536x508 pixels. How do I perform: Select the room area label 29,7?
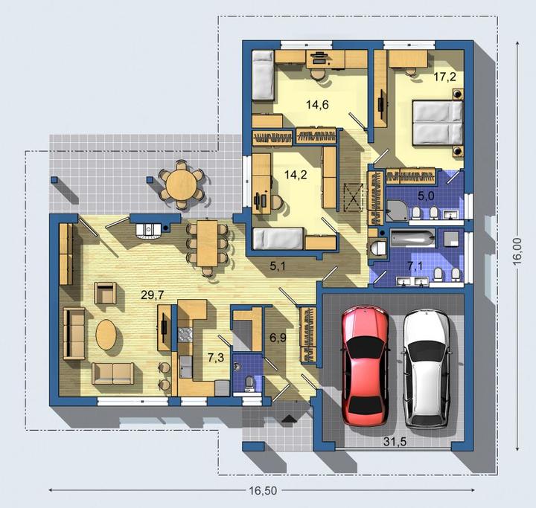tap(152, 295)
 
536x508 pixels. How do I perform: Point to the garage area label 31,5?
tap(395, 441)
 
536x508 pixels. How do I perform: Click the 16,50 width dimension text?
tap(263, 491)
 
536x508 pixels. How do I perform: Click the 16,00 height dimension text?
tap(517, 251)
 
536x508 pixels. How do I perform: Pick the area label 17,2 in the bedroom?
tap(444, 77)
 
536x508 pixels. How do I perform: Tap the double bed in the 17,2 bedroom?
tap(438, 123)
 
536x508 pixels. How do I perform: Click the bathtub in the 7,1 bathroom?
tap(413, 238)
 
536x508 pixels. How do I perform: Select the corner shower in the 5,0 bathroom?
tap(397, 210)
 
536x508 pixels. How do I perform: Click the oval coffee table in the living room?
tap(106, 334)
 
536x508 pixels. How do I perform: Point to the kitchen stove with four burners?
tap(185, 335)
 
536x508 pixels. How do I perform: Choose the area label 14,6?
tap(317, 105)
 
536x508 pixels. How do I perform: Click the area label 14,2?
tap(296, 175)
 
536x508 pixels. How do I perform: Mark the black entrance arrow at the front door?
tap(289, 418)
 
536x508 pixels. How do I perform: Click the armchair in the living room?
tap(105, 293)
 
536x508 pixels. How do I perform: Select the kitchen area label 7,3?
tap(216, 358)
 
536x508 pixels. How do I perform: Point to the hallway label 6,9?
tap(278, 338)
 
